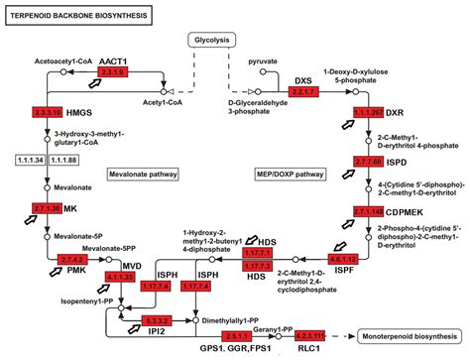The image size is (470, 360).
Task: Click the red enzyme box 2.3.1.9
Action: click(x=114, y=73)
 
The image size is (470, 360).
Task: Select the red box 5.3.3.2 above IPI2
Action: click(x=157, y=320)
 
